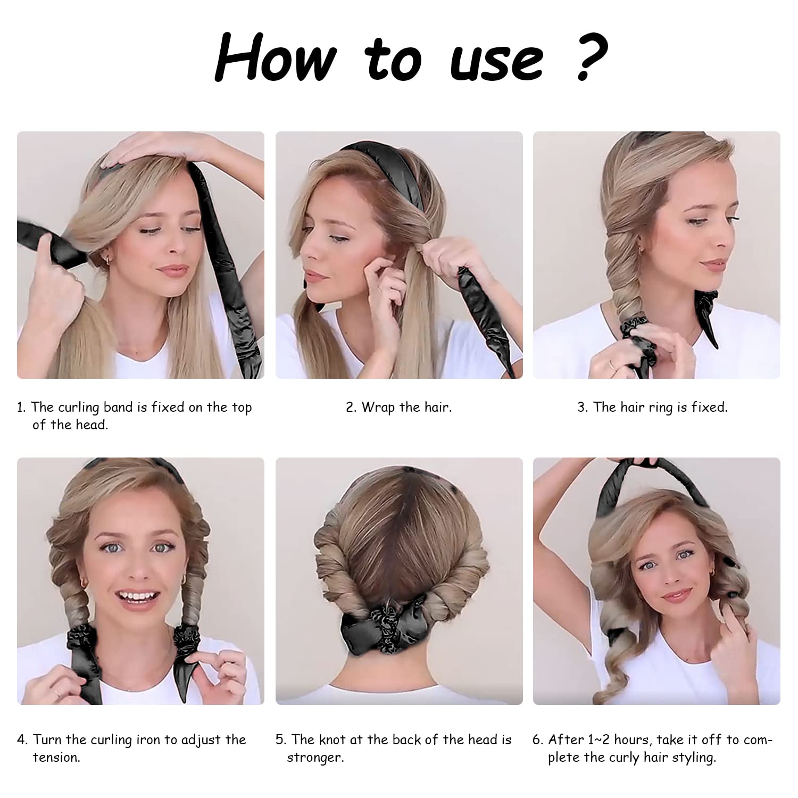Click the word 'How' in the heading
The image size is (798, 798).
[x=276, y=56]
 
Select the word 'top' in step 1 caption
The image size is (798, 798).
[x=242, y=408]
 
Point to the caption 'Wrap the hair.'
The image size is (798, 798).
[x=406, y=408]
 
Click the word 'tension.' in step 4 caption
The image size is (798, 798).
[x=56, y=758]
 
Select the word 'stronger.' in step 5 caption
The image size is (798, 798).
[x=315, y=758]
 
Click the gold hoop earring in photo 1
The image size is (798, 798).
[x=107, y=259]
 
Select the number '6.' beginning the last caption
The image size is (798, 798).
[x=538, y=740]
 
